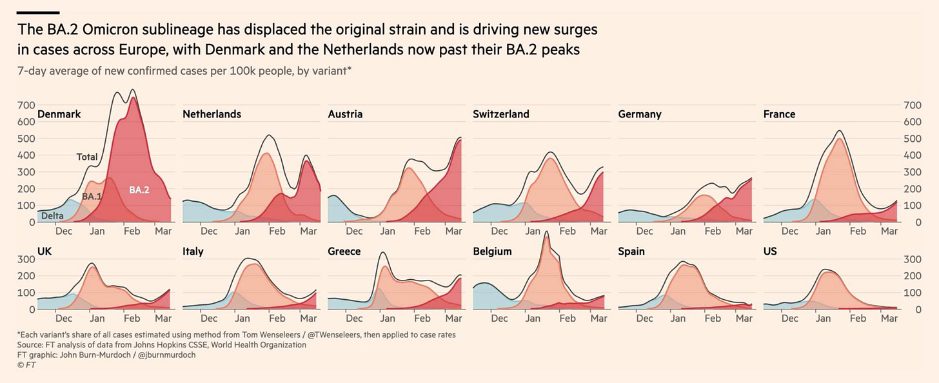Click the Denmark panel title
(x=59, y=114)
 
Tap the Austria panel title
(x=345, y=114)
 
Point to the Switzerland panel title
(x=500, y=114)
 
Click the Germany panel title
(x=639, y=114)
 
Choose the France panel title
(x=779, y=114)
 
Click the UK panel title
(x=45, y=251)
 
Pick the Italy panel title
(x=193, y=251)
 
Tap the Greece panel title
(x=344, y=251)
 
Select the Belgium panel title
(x=492, y=251)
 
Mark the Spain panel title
(x=631, y=251)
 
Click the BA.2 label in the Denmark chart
(x=139, y=190)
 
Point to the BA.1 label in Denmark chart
(x=92, y=196)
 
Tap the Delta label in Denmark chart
(x=52, y=217)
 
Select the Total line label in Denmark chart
(x=87, y=157)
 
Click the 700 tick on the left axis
(x=26, y=105)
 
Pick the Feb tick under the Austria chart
(x=422, y=231)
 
